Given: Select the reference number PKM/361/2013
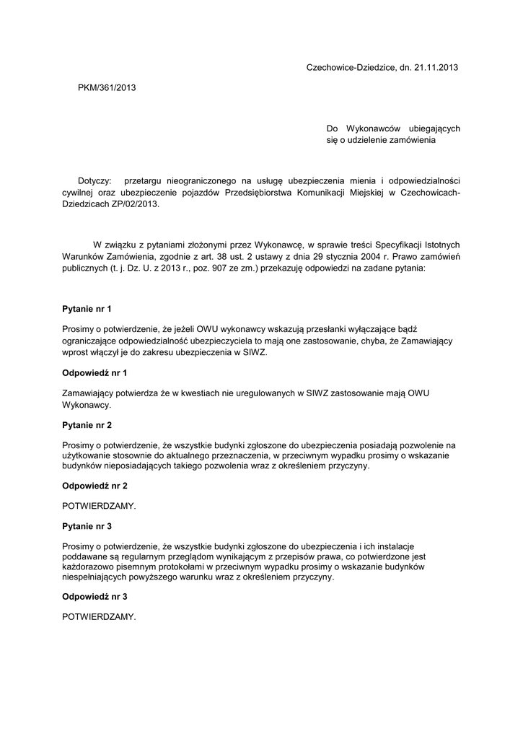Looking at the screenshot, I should click(107, 87).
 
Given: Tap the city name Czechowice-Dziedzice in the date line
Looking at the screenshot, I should click(347, 67).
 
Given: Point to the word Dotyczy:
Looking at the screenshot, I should click(95, 180).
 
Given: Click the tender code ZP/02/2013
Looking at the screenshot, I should click(134, 204).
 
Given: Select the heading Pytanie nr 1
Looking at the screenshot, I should click(87, 309).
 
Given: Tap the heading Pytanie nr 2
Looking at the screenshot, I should click(87, 425).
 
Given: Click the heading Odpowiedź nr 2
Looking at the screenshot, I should click(95, 486).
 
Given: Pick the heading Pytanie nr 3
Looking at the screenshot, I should click(87, 526).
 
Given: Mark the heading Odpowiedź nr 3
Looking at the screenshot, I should click(95, 597).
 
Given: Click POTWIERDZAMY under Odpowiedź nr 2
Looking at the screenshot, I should click(99, 506).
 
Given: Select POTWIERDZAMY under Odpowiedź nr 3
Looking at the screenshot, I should click(99, 617).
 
